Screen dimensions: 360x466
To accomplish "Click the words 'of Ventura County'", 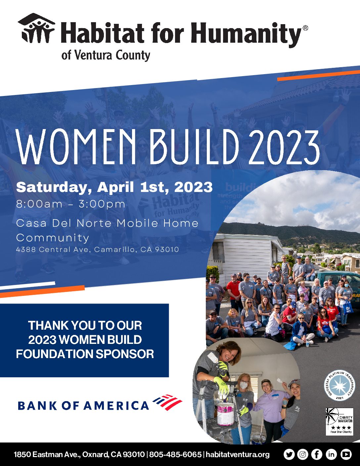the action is pyautogui.click(x=106, y=55).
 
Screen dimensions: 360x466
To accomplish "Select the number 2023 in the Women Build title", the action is pyautogui.click(x=285, y=147).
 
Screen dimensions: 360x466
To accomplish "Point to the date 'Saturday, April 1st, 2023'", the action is pyautogui.click(x=114, y=187).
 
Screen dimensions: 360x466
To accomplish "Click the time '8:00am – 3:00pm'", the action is pyautogui.click(x=71, y=204).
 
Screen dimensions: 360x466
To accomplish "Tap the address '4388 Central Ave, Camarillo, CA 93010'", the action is pyautogui.click(x=98, y=250).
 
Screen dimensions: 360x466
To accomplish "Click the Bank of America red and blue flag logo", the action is pyautogui.click(x=167, y=402).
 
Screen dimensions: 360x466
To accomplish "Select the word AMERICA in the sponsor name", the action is pyautogui.click(x=116, y=405).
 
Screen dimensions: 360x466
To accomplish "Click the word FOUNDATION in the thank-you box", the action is pyautogui.click(x=55, y=354).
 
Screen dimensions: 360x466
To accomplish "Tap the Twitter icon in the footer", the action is pyautogui.click(x=289, y=454).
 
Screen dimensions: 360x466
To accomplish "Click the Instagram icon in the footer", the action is pyautogui.click(x=302, y=454).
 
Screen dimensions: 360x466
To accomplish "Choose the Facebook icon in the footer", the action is pyautogui.click(x=317, y=454).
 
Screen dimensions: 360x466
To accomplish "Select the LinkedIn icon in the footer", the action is pyautogui.click(x=331, y=454).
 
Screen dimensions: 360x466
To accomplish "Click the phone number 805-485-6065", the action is pyautogui.click(x=175, y=454).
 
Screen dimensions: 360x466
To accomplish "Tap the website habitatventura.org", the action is pyautogui.click(x=238, y=455).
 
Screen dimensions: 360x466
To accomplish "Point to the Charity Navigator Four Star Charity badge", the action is pyautogui.click(x=339, y=422).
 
